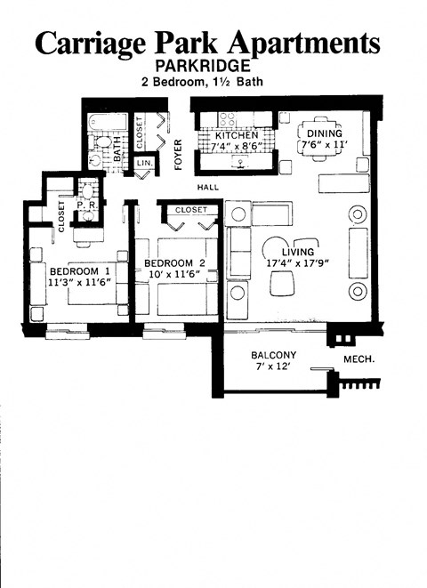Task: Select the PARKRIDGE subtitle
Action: (211, 67)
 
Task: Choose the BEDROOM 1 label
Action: (79, 271)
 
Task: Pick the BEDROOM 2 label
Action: (175, 262)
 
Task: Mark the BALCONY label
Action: (274, 356)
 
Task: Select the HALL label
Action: (208, 188)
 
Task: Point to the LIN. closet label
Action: (142, 164)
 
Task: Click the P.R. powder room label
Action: (87, 204)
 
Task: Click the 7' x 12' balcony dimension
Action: (273, 368)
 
